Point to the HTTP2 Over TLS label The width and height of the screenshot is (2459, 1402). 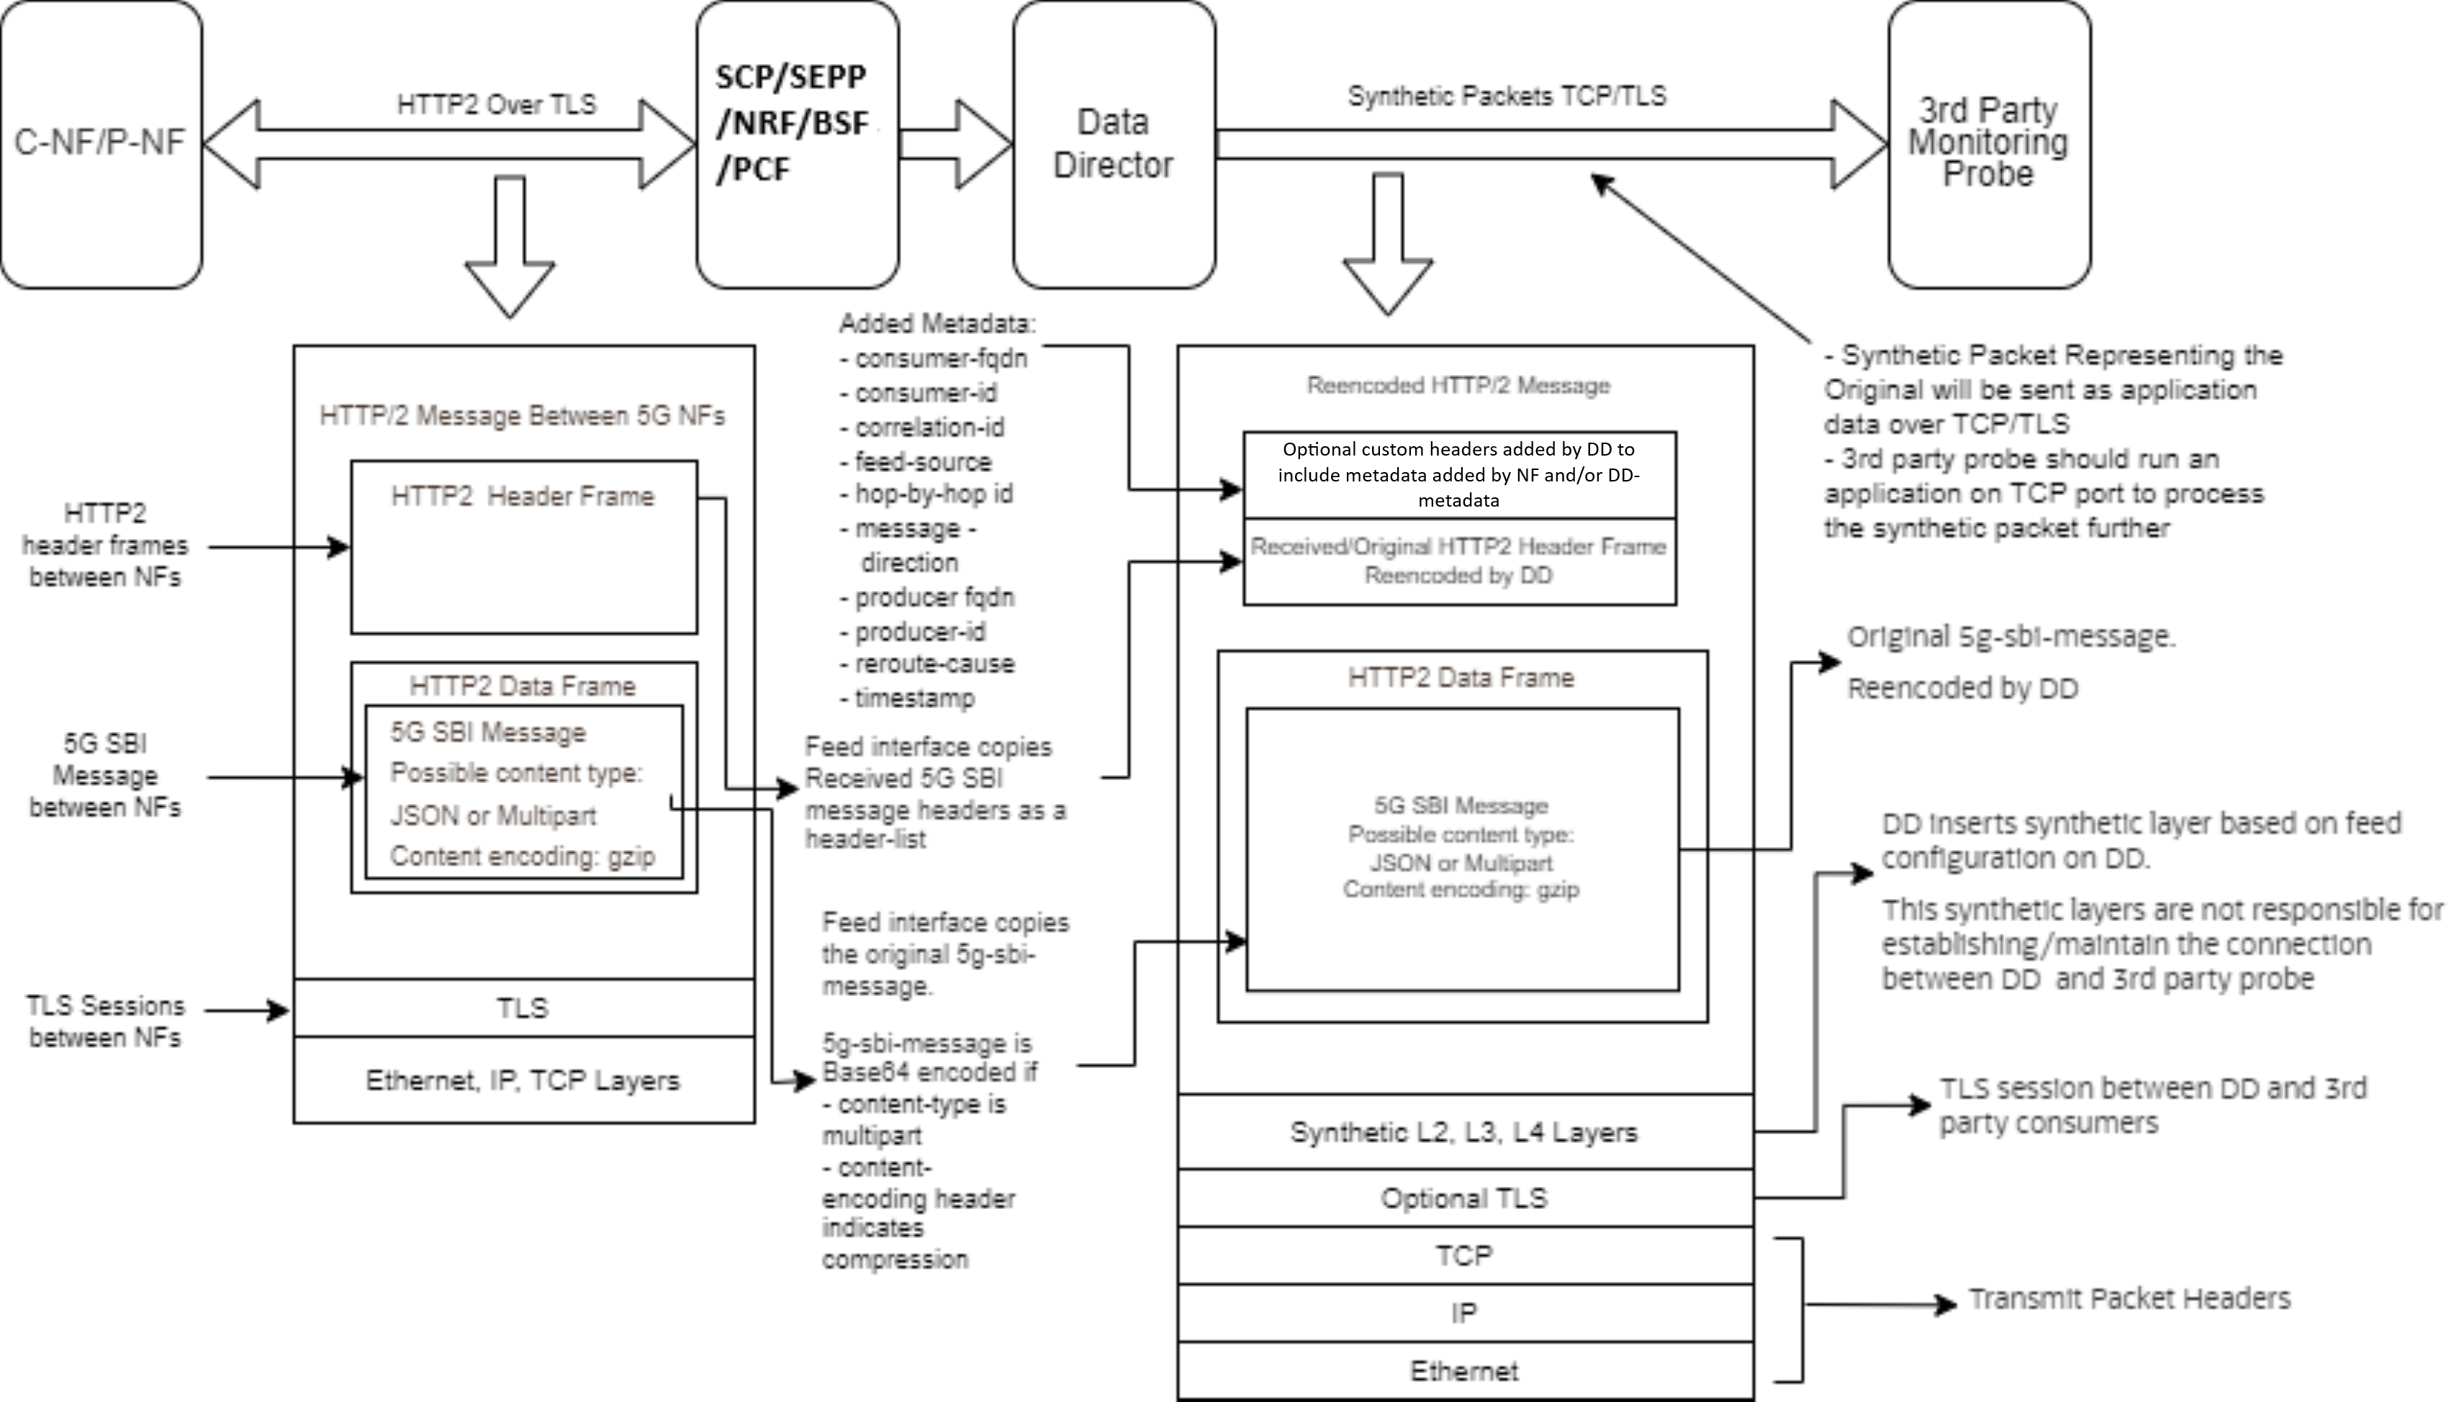pos(496,104)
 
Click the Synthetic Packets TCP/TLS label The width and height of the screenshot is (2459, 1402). pos(1506,96)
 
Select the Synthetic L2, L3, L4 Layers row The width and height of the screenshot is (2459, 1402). pos(1463,1132)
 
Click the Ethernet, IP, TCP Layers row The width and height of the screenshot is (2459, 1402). pos(523,1080)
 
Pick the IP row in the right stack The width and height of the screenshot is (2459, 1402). pos(1463,1313)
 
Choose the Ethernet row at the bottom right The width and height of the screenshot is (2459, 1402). pos(1463,1371)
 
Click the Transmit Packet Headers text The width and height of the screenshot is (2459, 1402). pos(2129,1299)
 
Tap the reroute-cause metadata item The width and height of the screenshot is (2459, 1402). pos(933,664)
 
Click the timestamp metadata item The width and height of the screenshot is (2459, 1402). pos(913,698)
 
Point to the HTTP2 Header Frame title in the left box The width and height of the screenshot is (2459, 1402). pos(523,496)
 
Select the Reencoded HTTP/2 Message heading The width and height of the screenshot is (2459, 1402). pos(1458,385)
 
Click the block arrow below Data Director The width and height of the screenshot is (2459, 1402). pos(1387,245)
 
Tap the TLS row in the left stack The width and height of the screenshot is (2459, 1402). pos(523,1008)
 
